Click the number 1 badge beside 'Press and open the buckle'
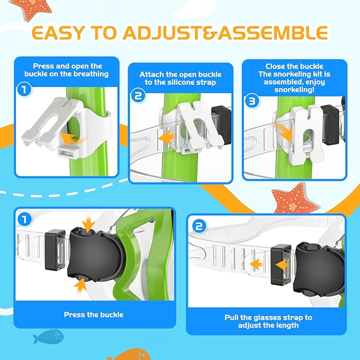coord(23,90)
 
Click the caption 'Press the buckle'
coord(93,314)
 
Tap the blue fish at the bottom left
coord(47,336)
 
